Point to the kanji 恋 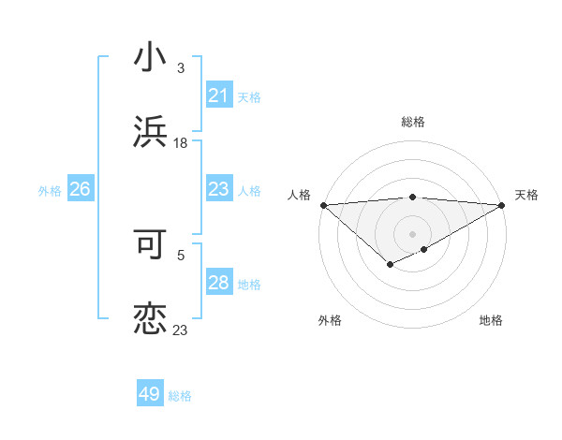click(x=151, y=317)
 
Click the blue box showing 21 click(x=218, y=95)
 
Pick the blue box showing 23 click(x=218, y=190)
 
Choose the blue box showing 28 click(x=218, y=283)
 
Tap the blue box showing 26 click(x=80, y=190)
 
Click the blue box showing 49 click(x=150, y=394)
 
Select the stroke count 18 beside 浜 click(x=181, y=143)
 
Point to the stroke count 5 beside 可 click(x=181, y=253)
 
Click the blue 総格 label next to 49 click(x=180, y=396)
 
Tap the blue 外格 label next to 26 click(x=50, y=191)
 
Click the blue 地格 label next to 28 click(x=249, y=285)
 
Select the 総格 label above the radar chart click(x=412, y=122)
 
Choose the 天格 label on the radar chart click(x=526, y=195)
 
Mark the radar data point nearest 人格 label click(x=322, y=204)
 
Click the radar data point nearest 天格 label click(x=502, y=204)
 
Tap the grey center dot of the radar click(x=412, y=233)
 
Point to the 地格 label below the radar click(x=491, y=320)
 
